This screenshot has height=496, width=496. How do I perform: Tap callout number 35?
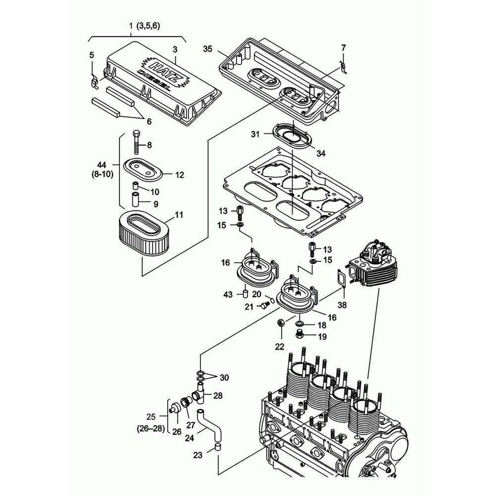(x=207, y=49)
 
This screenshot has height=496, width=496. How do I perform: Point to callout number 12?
(x=179, y=175)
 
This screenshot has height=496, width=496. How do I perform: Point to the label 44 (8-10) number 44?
(x=102, y=164)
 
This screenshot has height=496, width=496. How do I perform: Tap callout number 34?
(x=321, y=154)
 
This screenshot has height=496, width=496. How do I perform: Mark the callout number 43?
(x=228, y=295)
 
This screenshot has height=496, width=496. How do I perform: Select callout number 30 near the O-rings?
(x=224, y=377)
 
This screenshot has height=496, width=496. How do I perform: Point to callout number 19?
(x=322, y=336)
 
